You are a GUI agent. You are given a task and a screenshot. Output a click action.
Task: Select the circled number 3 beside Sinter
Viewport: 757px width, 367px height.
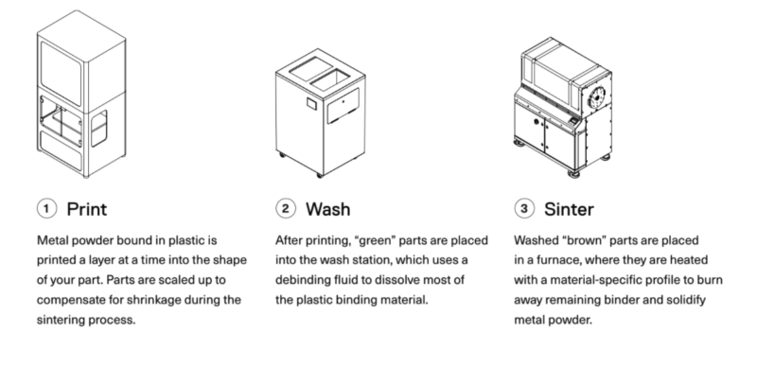(521, 205)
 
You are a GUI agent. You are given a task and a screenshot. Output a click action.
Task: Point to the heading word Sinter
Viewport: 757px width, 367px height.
(570, 205)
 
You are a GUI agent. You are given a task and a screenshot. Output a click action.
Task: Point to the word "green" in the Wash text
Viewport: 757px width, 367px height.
(382, 240)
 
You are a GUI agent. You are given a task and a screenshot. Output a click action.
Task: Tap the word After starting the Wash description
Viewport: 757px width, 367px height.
(288, 240)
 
